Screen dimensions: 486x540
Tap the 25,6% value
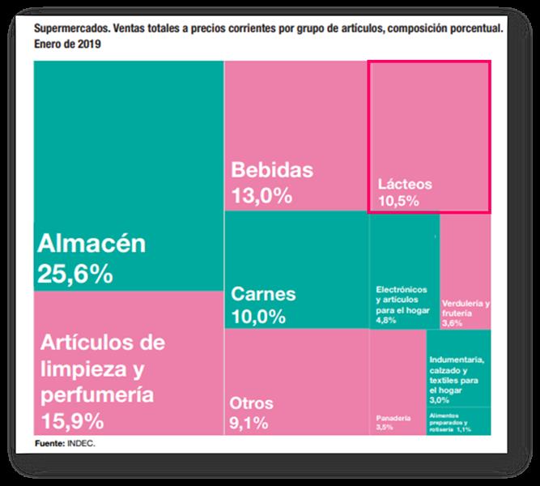click(x=74, y=275)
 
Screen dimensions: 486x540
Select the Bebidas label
click(x=271, y=170)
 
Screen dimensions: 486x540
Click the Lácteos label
click(x=405, y=184)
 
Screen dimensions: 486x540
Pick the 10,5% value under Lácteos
click(x=398, y=201)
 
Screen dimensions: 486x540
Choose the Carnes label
click(x=263, y=293)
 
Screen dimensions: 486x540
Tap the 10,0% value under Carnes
click(x=258, y=316)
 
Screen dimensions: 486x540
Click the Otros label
click(x=252, y=403)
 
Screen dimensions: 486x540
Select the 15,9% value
click(x=71, y=421)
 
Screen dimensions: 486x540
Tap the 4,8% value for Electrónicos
click(x=385, y=321)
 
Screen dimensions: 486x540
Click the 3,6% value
click(x=452, y=323)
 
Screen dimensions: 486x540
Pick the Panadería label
click(x=393, y=418)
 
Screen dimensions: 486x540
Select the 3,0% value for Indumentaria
click(x=440, y=399)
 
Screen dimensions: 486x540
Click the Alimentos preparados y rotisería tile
click(x=458, y=422)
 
